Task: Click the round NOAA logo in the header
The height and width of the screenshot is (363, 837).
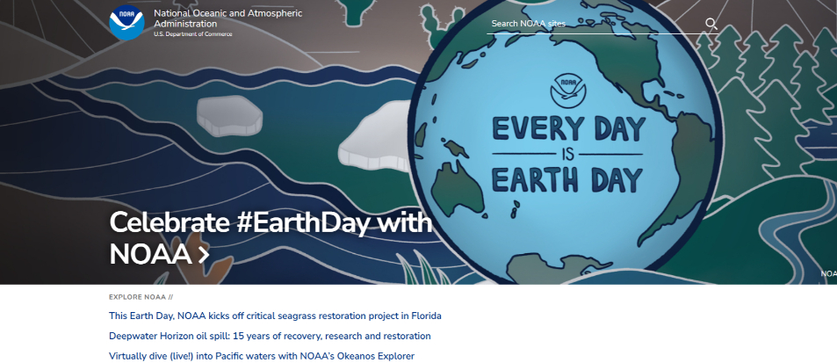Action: point(126,23)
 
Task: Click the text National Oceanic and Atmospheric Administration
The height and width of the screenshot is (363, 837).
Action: point(228,18)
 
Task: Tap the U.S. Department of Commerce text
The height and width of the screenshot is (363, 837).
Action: point(192,34)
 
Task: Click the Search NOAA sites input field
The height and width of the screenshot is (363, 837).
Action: point(595,24)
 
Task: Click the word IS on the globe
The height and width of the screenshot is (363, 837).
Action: point(567,155)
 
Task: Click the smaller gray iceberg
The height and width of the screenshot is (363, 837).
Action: point(229,116)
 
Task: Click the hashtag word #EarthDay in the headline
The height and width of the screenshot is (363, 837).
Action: point(304,222)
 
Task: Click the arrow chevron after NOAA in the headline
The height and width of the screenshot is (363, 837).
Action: point(204,255)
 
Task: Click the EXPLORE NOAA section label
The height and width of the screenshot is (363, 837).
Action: point(141,297)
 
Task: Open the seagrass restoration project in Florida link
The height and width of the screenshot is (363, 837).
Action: point(275,316)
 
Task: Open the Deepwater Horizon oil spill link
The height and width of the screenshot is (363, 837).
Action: point(270,337)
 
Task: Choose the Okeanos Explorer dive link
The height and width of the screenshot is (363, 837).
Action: point(262,356)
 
